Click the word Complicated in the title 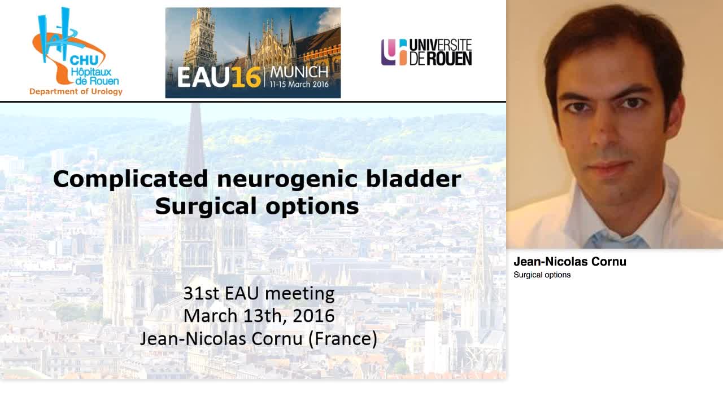click(x=131, y=179)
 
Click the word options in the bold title click(x=316, y=207)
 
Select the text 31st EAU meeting click(x=259, y=293)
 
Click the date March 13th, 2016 click(x=259, y=315)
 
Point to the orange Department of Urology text click(x=76, y=91)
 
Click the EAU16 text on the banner click(x=219, y=77)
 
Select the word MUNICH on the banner click(x=299, y=72)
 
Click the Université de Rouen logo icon click(x=394, y=52)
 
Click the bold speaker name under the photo click(x=570, y=262)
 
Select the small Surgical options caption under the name click(x=542, y=275)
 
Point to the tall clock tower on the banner click(x=200, y=39)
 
